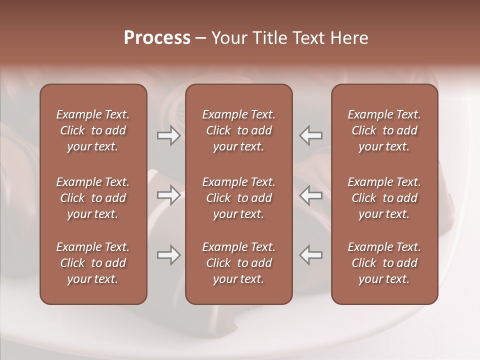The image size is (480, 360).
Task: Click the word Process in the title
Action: click(157, 38)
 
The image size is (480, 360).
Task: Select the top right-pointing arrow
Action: click(168, 135)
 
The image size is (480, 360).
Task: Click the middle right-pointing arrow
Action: click(168, 195)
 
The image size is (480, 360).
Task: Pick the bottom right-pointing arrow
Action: click(168, 255)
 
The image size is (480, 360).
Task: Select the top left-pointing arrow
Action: click(311, 135)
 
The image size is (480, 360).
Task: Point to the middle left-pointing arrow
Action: click(311, 195)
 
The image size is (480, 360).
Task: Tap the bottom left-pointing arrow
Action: click(311, 255)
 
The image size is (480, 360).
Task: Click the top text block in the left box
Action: click(93, 130)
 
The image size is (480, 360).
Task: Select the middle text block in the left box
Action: click(93, 198)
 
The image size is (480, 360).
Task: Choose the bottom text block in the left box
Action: click(93, 263)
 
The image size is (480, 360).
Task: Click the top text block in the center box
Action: click(239, 130)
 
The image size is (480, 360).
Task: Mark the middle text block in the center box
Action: click(239, 198)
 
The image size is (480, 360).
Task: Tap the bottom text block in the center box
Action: click(239, 263)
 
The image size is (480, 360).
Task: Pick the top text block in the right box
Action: click(384, 130)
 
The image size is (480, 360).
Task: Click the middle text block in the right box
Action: click(384, 198)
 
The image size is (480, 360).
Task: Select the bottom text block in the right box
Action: click(384, 263)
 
